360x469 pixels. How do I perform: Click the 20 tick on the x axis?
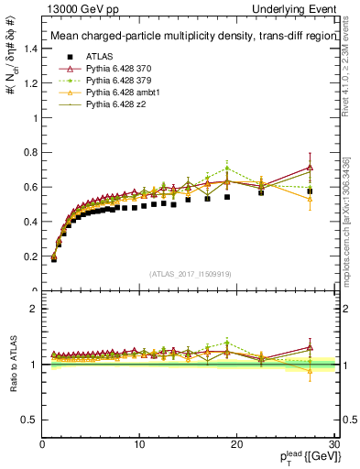[236, 444]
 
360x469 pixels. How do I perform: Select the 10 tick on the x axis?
[139, 444]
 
